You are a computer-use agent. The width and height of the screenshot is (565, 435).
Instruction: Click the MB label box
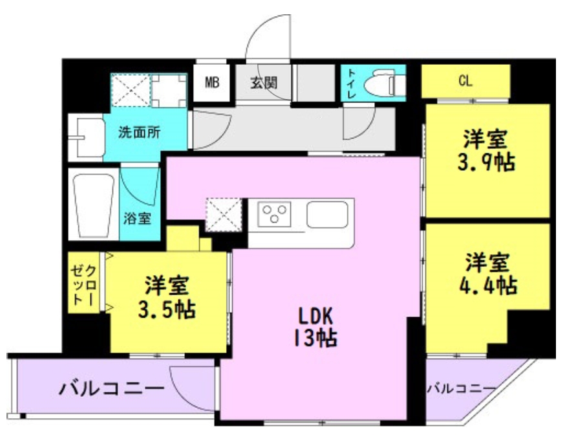click(x=212, y=83)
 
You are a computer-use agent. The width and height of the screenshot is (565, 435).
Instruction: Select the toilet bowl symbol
click(x=383, y=84)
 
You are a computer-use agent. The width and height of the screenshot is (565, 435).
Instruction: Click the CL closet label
click(x=465, y=82)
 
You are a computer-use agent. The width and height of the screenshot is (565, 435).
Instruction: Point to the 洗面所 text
click(x=139, y=133)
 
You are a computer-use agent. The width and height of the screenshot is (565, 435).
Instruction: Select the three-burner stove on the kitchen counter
click(x=275, y=213)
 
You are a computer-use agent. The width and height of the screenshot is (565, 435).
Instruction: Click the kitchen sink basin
click(x=327, y=214)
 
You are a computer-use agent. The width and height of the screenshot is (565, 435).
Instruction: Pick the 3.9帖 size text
click(x=484, y=162)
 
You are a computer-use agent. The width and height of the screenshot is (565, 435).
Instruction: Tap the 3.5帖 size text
click(x=166, y=308)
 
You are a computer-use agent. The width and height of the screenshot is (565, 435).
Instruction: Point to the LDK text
click(x=315, y=315)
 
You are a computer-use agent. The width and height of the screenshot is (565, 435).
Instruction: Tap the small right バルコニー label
click(x=461, y=388)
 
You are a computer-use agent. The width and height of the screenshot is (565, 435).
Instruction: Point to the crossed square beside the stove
click(x=222, y=214)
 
